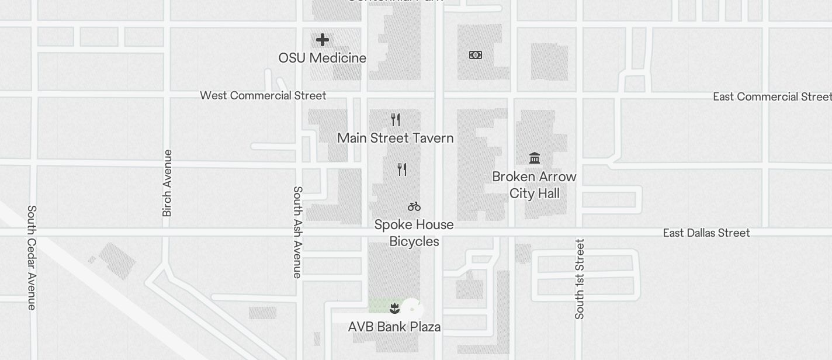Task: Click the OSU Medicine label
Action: [x=323, y=58]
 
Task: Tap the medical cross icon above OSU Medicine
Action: [x=323, y=40]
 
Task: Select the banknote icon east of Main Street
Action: [x=476, y=55]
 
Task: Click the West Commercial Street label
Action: [x=263, y=95]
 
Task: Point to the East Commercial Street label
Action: [x=772, y=96]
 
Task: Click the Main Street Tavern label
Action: [x=396, y=138]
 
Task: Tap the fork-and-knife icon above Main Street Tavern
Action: [x=396, y=120]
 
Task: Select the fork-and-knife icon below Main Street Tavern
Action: [x=402, y=169]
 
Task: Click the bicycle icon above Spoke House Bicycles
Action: [x=414, y=206]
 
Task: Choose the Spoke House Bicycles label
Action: [x=414, y=233]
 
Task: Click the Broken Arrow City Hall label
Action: [x=534, y=185]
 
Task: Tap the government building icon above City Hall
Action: [x=534, y=158]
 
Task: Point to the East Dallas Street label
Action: [x=706, y=233]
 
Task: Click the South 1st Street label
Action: [x=580, y=279]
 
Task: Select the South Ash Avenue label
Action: [x=297, y=232]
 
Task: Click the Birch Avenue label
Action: [x=167, y=183]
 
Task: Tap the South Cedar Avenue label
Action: [x=32, y=257]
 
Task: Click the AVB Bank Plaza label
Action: [x=394, y=327]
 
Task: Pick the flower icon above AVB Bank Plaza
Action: [x=394, y=308]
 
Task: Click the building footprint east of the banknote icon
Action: [x=549, y=61]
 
